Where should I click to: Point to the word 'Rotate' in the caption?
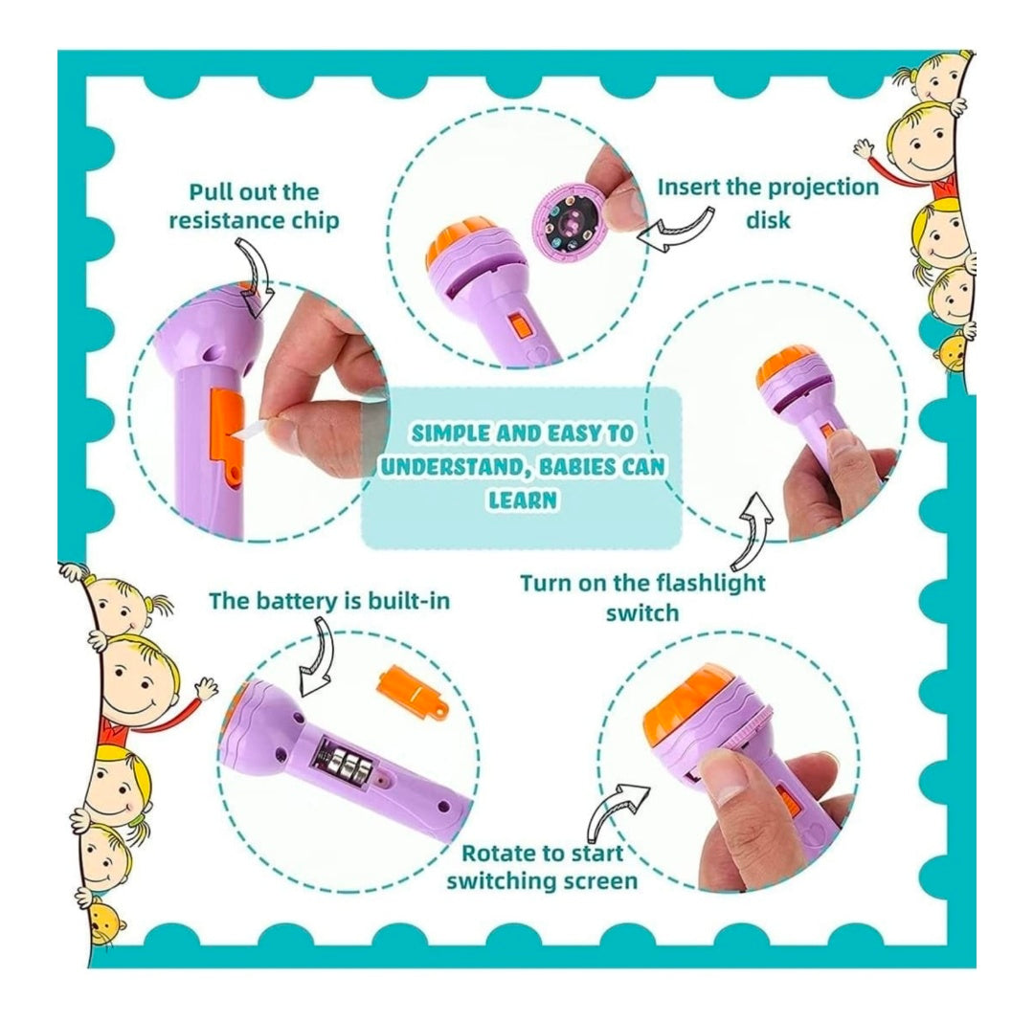pyautogui.click(x=498, y=853)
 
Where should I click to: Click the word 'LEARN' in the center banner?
pyautogui.click(x=523, y=499)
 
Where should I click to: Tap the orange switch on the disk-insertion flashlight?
pyautogui.click(x=520, y=326)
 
